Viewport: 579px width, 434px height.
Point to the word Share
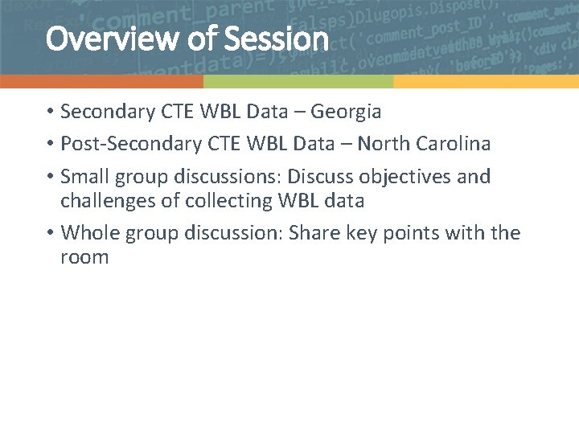click(314, 233)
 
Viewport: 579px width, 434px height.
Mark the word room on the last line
click(84, 258)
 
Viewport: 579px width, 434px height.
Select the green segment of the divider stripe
click(298, 82)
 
